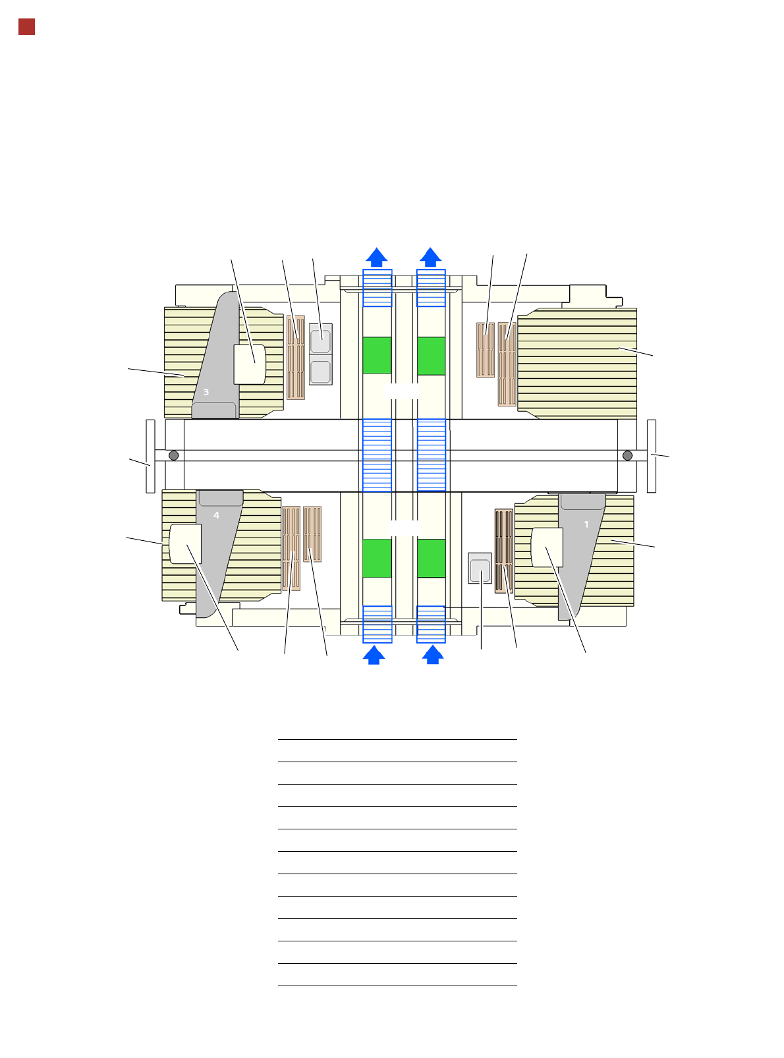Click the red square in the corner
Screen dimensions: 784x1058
click(x=26, y=27)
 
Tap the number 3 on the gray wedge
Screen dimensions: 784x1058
click(x=206, y=391)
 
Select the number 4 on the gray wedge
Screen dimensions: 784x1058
click(x=216, y=515)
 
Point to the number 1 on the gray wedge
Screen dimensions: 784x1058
click(x=586, y=524)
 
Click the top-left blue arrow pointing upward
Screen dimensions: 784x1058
click(x=376, y=257)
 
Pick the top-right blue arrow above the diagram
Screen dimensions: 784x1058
click(x=430, y=257)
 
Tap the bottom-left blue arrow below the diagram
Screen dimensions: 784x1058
click(x=374, y=654)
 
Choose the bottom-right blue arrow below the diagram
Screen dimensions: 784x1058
click(x=433, y=654)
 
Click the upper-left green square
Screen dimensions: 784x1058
click(x=376, y=355)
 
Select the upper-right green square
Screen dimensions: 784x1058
click(x=431, y=356)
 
